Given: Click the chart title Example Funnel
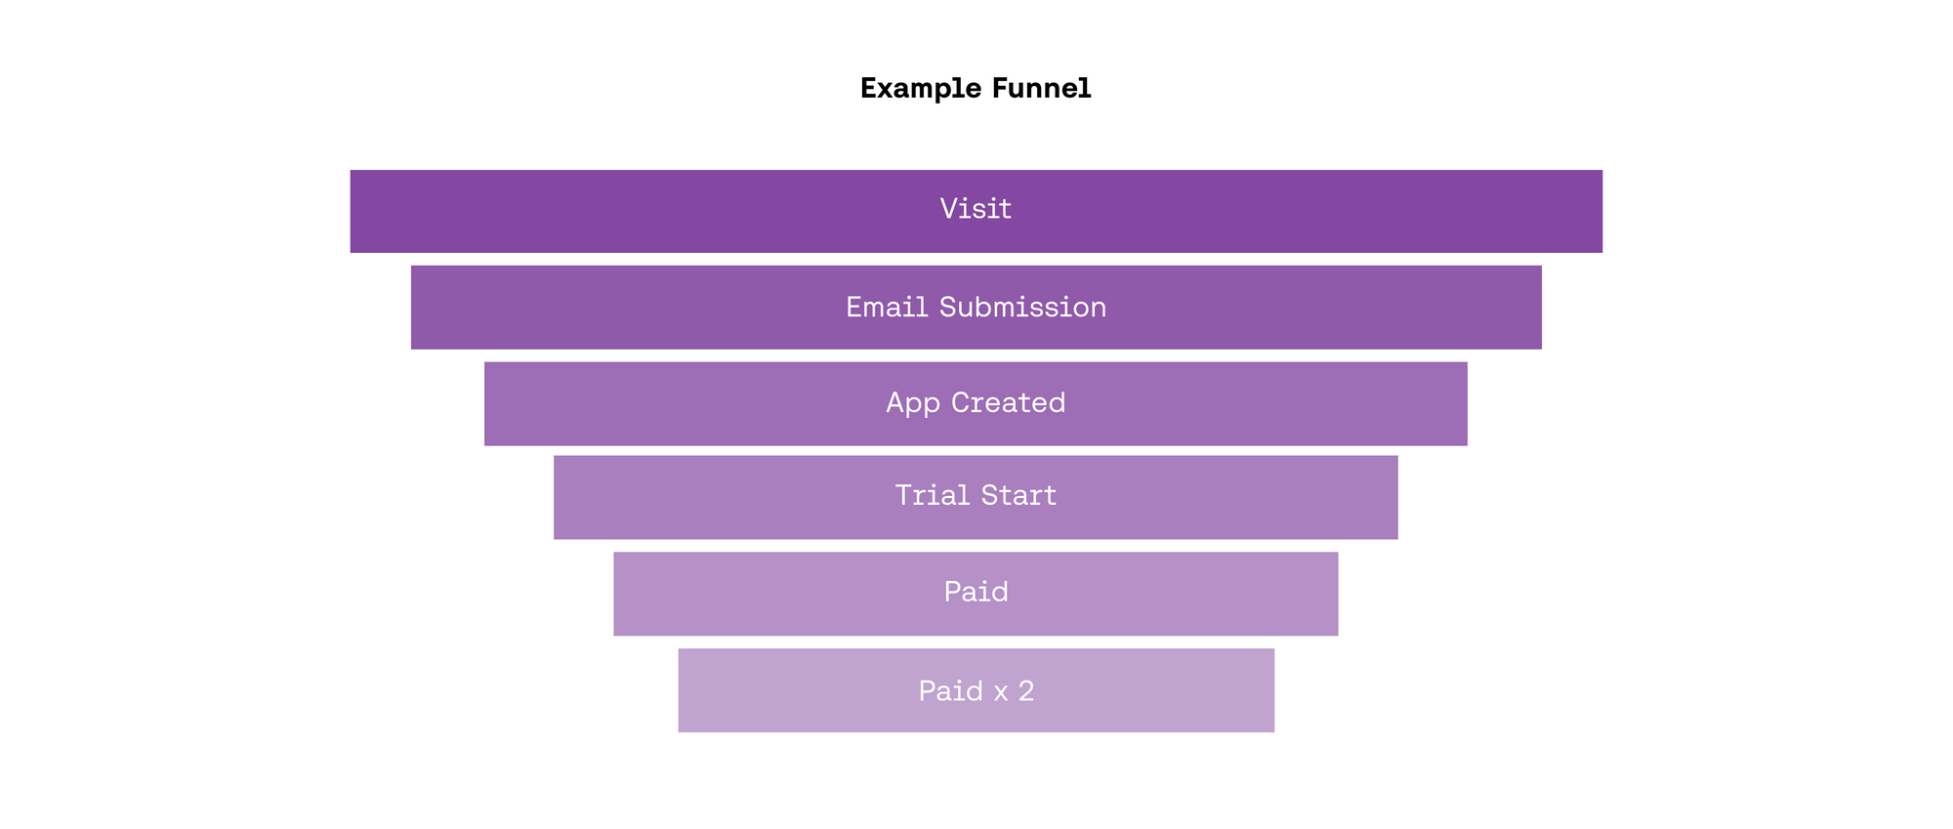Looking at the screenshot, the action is [x=976, y=88].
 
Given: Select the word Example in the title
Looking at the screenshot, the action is [x=921, y=89].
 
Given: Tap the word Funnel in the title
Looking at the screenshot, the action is [x=1042, y=88].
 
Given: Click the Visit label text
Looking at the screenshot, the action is [x=976, y=208].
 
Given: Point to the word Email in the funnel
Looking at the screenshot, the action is [x=887, y=307].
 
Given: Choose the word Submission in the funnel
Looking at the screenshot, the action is [x=1022, y=307].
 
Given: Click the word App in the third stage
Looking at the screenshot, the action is [x=913, y=403].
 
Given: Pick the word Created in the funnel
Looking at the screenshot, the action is [x=1009, y=402].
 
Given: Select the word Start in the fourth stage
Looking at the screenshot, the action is [x=1018, y=495].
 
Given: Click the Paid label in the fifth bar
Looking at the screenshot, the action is [x=976, y=592].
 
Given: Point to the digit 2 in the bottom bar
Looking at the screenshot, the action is [x=1026, y=691].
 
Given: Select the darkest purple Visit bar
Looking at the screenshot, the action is [x=976, y=211].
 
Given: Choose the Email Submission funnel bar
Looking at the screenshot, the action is [x=976, y=307].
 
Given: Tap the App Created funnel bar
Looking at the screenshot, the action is [x=976, y=403].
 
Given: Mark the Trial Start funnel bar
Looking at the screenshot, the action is [x=976, y=497].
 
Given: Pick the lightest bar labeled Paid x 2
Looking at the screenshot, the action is [x=976, y=690].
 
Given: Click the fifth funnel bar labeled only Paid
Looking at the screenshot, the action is [x=976, y=594].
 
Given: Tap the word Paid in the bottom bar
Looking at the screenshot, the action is [x=951, y=691].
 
